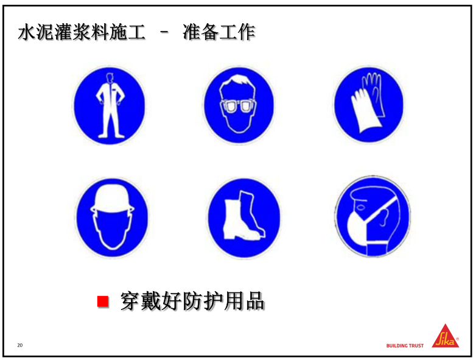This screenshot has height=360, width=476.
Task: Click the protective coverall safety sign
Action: pyautogui.click(x=110, y=105)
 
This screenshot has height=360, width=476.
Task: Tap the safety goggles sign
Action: pyautogui.click(x=239, y=105)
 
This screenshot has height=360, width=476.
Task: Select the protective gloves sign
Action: pyautogui.click(x=369, y=105)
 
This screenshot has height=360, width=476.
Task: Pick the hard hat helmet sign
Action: pyautogui.click(x=113, y=217)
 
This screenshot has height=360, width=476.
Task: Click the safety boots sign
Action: pyautogui.click(x=243, y=218)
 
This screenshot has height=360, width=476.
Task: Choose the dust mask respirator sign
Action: pyautogui.click(x=373, y=216)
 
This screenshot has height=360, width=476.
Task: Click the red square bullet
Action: pyautogui.click(x=103, y=302)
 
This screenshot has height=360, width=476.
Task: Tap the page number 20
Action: pyautogui.click(x=20, y=345)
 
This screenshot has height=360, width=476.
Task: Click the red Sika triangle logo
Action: pyautogui.click(x=446, y=336)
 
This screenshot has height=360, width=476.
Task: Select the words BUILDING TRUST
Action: pyautogui.click(x=405, y=346)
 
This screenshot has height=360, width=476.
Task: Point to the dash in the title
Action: pyautogui.click(x=164, y=32)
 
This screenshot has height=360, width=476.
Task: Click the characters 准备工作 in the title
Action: pyautogui.click(x=219, y=32)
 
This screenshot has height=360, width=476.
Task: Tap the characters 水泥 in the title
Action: pyautogui.click(x=36, y=32)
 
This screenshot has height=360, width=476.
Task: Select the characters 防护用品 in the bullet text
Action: pyautogui.click(x=223, y=301)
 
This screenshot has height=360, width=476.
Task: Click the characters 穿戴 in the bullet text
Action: pyautogui.click(x=141, y=301)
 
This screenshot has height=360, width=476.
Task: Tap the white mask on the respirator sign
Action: pyautogui.click(x=357, y=227)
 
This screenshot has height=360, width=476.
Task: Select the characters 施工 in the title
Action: pyautogui.click(x=127, y=32)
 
